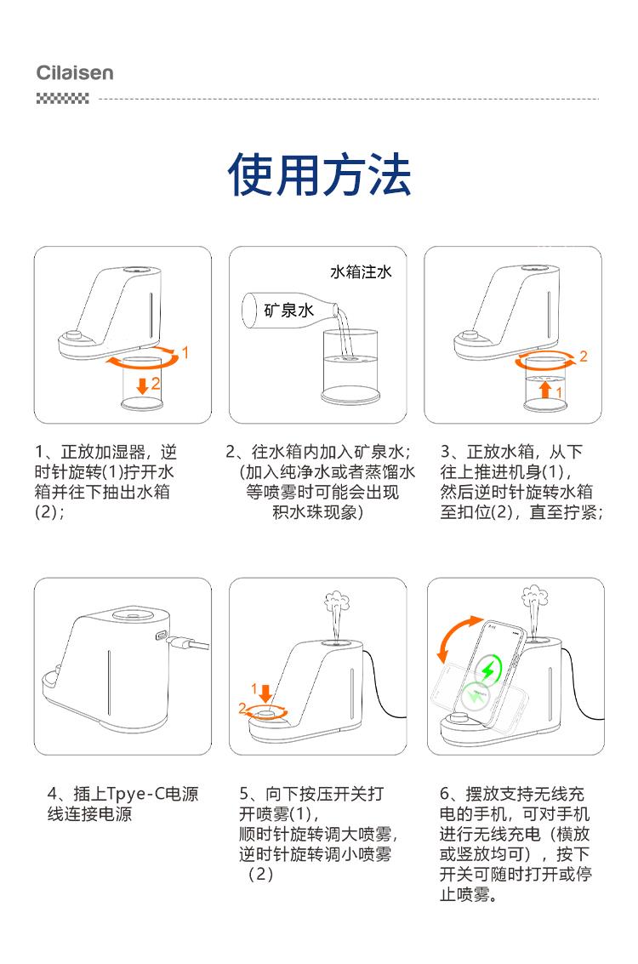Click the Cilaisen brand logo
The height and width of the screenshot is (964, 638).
[x=75, y=72]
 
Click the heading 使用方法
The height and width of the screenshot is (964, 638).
[x=319, y=175]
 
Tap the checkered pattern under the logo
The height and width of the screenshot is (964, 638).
[x=63, y=99]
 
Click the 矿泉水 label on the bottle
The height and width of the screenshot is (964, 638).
[x=289, y=310]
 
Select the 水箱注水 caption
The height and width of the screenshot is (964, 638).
[x=361, y=271]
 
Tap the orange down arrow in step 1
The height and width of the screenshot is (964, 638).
[x=142, y=385]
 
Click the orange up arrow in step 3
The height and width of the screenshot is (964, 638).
[x=544, y=389]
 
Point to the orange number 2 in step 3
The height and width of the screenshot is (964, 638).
[x=584, y=356]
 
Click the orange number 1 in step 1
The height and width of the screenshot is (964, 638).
[x=185, y=352]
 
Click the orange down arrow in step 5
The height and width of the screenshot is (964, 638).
[x=265, y=693]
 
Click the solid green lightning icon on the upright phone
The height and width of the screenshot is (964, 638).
[x=490, y=669]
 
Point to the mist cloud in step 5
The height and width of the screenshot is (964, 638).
[x=336, y=600]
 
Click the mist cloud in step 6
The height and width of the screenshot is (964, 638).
[x=535, y=595]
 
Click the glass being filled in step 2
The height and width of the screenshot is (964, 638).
[x=350, y=367]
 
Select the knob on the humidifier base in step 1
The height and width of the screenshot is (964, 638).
[x=75, y=336]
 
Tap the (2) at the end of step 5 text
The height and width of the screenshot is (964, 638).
[x=260, y=874]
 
